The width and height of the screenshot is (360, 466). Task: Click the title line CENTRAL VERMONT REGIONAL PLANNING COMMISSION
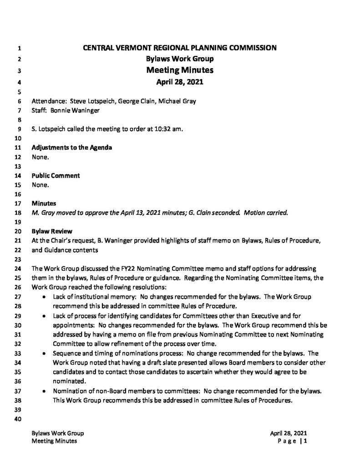pyautogui.click(x=180, y=47)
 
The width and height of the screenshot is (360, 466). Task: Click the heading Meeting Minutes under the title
pyautogui.click(x=180, y=71)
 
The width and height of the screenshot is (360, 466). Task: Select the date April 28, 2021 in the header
pyautogui.click(x=180, y=82)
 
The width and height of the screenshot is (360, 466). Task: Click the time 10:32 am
pyautogui.click(x=168, y=129)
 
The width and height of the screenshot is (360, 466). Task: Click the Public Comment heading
pyautogui.click(x=56, y=175)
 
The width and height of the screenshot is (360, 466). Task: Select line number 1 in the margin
pyautogui.click(x=19, y=47)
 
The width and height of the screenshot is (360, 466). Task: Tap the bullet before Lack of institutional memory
pyautogui.click(x=43, y=297)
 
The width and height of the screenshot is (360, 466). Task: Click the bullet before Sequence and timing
pyautogui.click(x=43, y=353)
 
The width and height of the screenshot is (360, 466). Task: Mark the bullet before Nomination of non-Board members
pyautogui.click(x=43, y=390)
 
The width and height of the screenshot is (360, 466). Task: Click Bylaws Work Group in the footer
pyautogui.click(x=57, y=433)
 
